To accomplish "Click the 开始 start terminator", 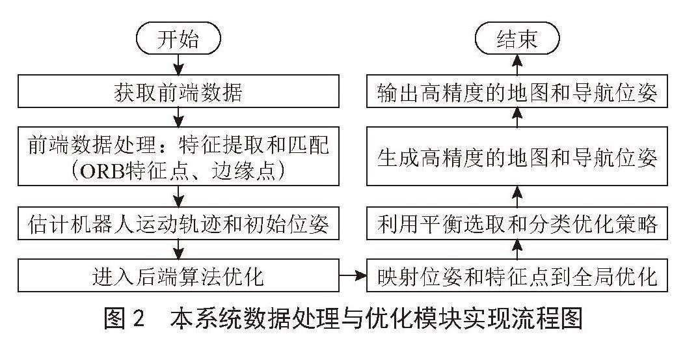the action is coord(178,39).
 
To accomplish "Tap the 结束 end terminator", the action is coord(517,39).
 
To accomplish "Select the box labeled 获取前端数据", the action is coord(178,91).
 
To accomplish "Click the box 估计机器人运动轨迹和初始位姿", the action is coord(178,223).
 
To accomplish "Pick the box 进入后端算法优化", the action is coord(178,275).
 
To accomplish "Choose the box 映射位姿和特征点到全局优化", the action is coord(517,275).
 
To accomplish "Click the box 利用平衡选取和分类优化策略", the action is coord(517,223).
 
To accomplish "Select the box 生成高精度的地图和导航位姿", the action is coord(517,156).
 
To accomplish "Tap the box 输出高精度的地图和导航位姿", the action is coord(517,91).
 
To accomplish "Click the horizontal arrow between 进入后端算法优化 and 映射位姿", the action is coord(353,275).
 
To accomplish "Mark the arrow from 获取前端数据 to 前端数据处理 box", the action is coord(178,117).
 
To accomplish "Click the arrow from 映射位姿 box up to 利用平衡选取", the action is coord(517,249).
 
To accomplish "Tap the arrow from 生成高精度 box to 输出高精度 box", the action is coord(517,117).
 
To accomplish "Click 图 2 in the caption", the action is coord(124,318).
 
